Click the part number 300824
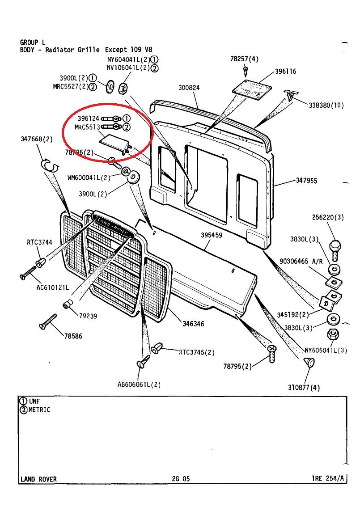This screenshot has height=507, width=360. [189, 88]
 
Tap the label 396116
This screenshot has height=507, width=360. [285, 72]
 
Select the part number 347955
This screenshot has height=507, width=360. [306, 181]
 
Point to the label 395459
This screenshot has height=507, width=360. [212, 236]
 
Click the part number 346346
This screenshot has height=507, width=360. [193, 323]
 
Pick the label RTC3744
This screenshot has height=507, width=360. [39, 243]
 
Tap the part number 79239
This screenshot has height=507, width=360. [88, 316]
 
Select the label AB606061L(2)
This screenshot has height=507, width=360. [139, 384]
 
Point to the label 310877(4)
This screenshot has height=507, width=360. [304, 388]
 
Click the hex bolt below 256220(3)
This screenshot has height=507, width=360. [335, 247]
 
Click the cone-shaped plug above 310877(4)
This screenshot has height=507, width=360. [308, 362]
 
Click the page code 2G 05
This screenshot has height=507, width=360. [181, 479]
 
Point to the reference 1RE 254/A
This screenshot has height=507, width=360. [328, 478]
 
